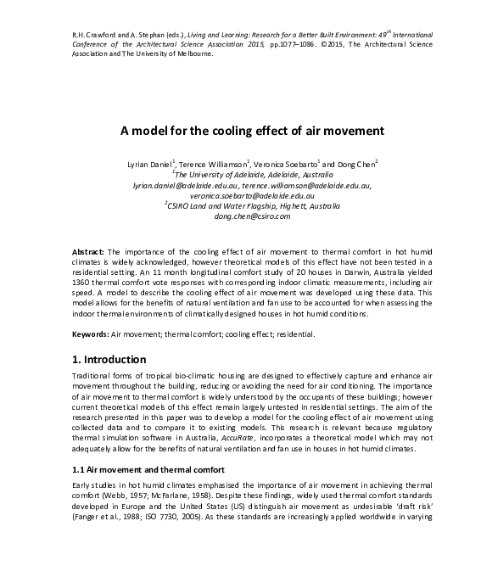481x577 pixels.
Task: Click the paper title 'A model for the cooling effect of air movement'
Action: click(240, 131)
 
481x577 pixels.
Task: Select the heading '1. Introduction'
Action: click(115, 360)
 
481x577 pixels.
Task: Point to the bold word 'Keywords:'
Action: click(91, 335)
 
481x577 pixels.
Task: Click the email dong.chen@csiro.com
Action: click(240, 216)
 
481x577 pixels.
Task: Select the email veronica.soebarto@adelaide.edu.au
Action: click(240, 194)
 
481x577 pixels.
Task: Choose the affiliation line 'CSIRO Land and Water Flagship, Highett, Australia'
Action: click(242, 205)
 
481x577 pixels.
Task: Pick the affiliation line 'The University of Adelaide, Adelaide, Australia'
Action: click(241, 172)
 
